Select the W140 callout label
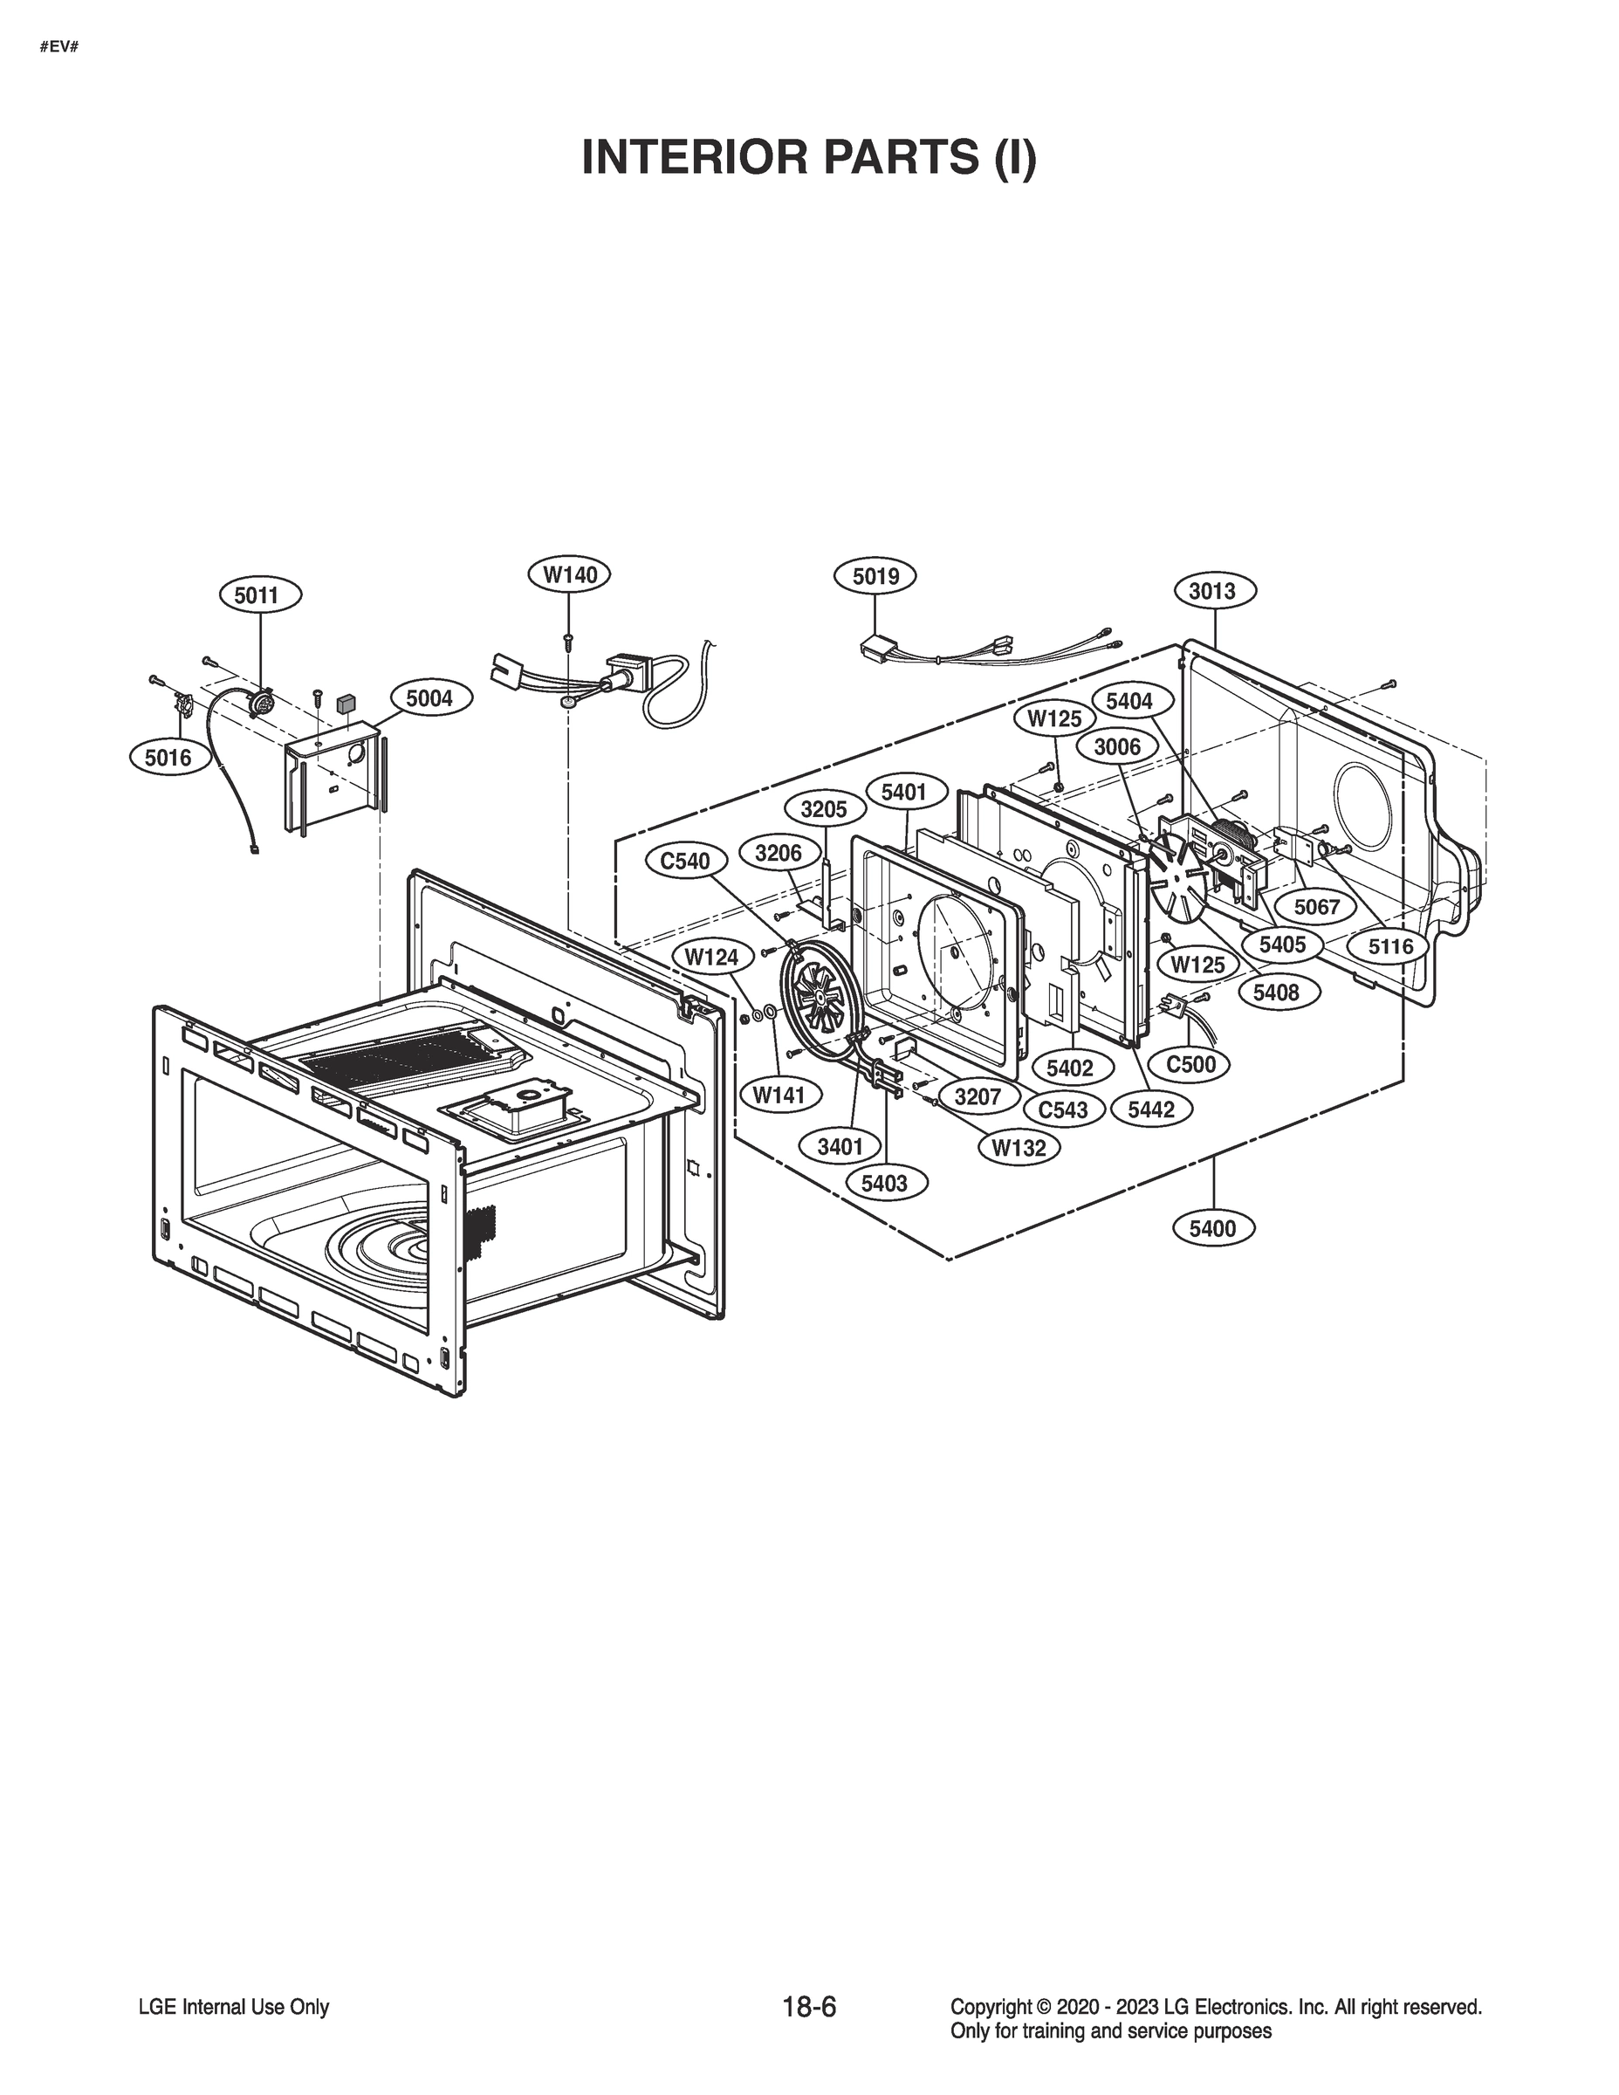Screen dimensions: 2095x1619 (570, 574)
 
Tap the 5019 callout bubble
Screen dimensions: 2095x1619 (875, 575)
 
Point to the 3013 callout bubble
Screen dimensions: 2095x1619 (1212, 591)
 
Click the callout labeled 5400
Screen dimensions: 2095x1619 (1212, 1229)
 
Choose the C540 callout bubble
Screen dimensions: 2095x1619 (685, 862)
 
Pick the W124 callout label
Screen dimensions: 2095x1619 (711, 957)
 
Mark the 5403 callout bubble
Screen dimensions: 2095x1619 (883, 1184)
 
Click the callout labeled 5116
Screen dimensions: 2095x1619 (1390, 948)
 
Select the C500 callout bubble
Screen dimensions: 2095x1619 (1190, 1064)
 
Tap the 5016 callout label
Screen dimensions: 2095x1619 (168, 758)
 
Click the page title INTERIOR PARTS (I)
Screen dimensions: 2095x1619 (808, 158)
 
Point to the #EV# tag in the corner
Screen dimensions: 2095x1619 (58, 46)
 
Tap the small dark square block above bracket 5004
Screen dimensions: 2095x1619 (346, 702)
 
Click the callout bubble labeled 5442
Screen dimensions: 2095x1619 (1151, 1109)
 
